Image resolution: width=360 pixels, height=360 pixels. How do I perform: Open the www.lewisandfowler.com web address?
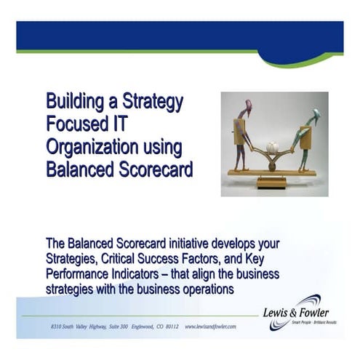[x=210, y=327]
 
